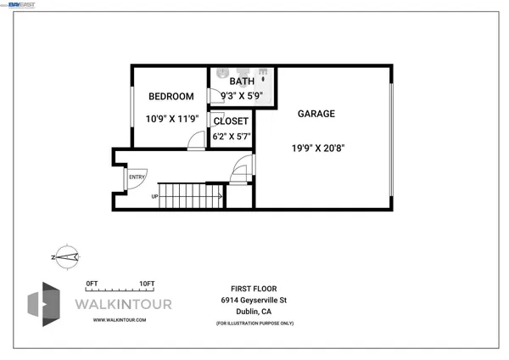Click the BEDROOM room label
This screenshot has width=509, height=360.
pyautogui.click(x=171, y=97)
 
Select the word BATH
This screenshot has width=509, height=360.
pyautogui.click(x=242, y=82)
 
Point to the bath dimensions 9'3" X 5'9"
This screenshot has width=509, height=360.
pyautogui.click(x=242, y=96)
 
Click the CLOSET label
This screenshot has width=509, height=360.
pyautogui.click(x=231, y=121)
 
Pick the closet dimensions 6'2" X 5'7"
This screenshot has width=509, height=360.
pyautogui.click(x=231, y=136)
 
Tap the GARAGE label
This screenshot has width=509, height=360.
pyautogui.click(x=316, y=114)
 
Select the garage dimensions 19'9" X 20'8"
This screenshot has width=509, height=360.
pyautogui.click(x=318, y=147)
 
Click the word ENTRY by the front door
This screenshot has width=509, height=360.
pyautogui.click(x=137, y=177)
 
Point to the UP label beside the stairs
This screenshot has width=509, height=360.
pyautogui.click(x=154, y=197)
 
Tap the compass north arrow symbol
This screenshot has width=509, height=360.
pyautogui.click(x=65, y=256)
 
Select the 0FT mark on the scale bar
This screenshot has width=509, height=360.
pyautogui.click(x=92, y=284)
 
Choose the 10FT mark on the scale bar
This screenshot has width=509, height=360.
pyautogui.click(x=147, y=284)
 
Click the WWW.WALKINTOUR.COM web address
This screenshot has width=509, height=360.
pyautogui.click(x=120, y=320)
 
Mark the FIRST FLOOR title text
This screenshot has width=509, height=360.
pyautogui.click(x=254, y=289)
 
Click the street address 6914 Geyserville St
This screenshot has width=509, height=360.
pyautogui.click(x=254, y=301)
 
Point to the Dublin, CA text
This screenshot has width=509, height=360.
pyautogui.click(x=254, y=312)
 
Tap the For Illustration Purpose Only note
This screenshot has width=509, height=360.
pyautogui.click(x=254, y=323)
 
